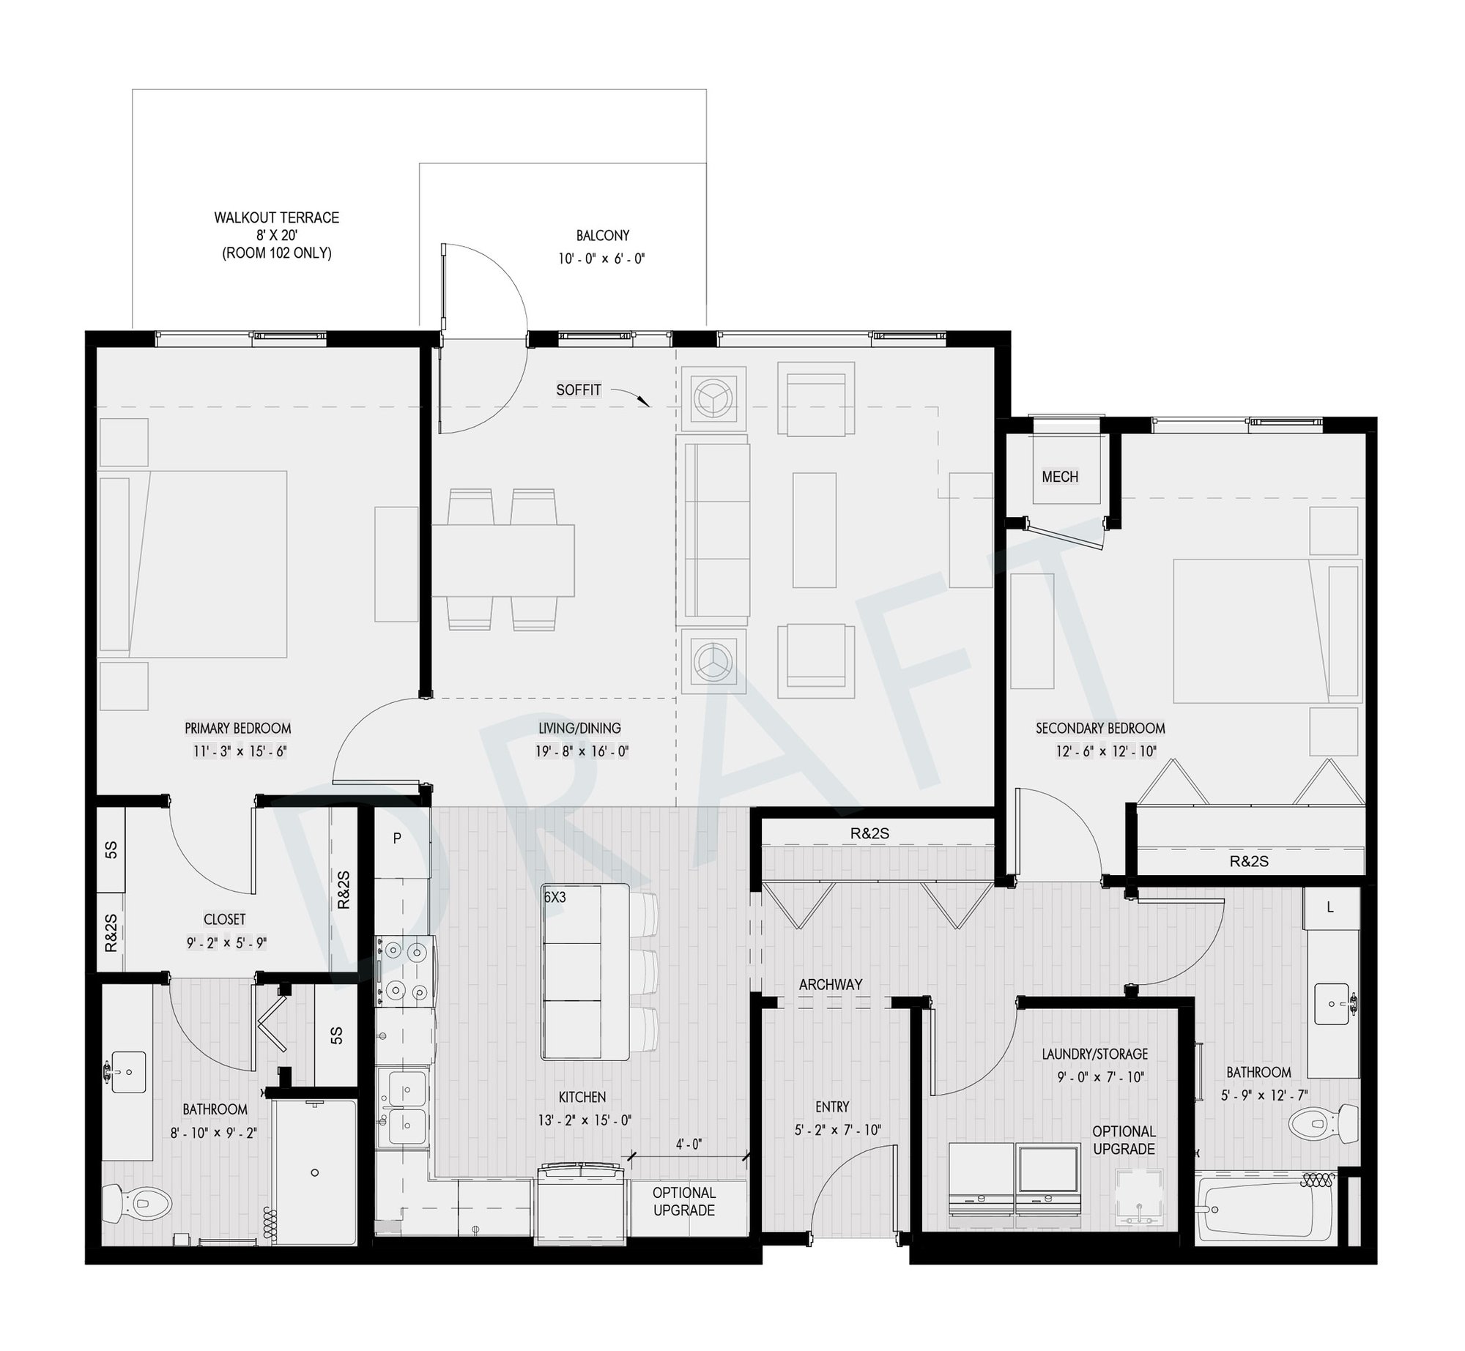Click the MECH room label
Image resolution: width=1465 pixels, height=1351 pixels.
tap(1060, 477)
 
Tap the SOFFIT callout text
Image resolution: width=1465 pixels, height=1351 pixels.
tap(579, 390)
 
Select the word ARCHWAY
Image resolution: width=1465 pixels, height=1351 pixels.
tap(831, 985)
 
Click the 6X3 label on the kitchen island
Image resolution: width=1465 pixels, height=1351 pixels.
tap(555, 897)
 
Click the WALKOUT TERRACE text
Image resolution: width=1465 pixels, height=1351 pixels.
tap(277, 217)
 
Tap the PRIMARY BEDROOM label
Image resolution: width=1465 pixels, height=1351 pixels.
tap(238, 729)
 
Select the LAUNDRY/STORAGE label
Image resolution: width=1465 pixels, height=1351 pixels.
tap(1095, 1054)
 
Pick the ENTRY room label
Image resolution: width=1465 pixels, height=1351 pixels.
tap(832, 1107)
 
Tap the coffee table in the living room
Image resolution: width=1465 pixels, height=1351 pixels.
tap(815, 530)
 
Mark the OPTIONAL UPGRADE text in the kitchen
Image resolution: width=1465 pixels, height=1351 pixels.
tap(684, 1202)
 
